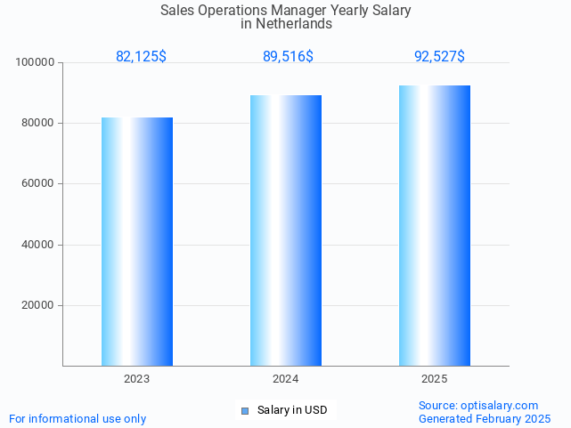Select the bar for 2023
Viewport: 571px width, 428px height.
137,241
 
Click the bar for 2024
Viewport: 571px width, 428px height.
286,230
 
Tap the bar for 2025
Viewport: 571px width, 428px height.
435,226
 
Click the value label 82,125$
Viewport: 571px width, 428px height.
141,57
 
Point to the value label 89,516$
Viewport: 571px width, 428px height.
288,57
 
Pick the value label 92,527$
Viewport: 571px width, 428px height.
439,57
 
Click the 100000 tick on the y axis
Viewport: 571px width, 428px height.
36,63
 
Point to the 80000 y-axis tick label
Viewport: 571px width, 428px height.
38,124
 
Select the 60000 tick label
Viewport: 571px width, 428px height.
38,184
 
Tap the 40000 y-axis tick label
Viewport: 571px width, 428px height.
38,245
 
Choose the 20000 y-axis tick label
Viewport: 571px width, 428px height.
38,305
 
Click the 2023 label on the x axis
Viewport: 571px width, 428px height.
137,379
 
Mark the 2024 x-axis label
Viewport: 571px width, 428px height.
286,379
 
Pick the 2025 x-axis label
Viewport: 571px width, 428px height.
435,379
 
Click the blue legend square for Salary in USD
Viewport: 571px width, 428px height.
245,410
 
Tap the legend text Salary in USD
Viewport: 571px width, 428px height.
292,410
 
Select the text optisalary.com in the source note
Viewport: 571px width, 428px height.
500,406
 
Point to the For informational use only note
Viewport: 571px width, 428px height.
77,419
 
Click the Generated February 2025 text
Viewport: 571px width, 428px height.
485,419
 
